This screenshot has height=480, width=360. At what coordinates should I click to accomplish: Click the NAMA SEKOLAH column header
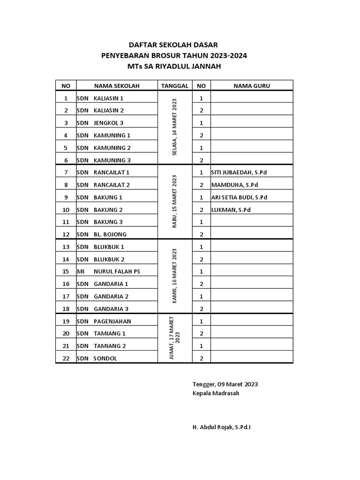click(117, 86)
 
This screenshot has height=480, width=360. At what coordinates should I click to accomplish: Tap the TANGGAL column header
click(175, 86)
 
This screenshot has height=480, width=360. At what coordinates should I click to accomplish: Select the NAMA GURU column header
click(252, 86)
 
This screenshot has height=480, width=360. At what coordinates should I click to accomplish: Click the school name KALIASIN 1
click(109, 98)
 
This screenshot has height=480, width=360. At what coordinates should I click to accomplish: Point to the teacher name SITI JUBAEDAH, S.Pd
click(239, 172)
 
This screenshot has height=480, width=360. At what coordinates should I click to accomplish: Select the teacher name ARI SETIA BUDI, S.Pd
click(239, 197)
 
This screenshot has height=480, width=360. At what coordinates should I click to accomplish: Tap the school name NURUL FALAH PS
click(117, 271)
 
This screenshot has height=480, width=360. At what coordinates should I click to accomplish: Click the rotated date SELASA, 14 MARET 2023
click(175, 127)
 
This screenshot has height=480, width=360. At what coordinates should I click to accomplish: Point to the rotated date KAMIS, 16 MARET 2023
click(175, 276)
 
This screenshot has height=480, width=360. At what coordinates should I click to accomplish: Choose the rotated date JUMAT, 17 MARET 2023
click(175, 337)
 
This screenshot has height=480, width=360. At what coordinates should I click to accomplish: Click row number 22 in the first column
click(66, 359)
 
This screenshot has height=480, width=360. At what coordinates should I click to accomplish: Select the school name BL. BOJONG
click(110, 234)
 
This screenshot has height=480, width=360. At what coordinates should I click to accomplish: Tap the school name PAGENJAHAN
click(112, 321)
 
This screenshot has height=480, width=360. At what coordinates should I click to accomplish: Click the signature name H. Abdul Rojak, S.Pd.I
click(221, 427)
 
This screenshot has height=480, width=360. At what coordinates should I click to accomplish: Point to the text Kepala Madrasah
click(216, 393)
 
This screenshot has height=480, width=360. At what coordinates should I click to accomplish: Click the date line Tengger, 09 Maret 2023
click(225, 384)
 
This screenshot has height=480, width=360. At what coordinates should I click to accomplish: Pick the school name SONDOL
click(105, 359)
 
